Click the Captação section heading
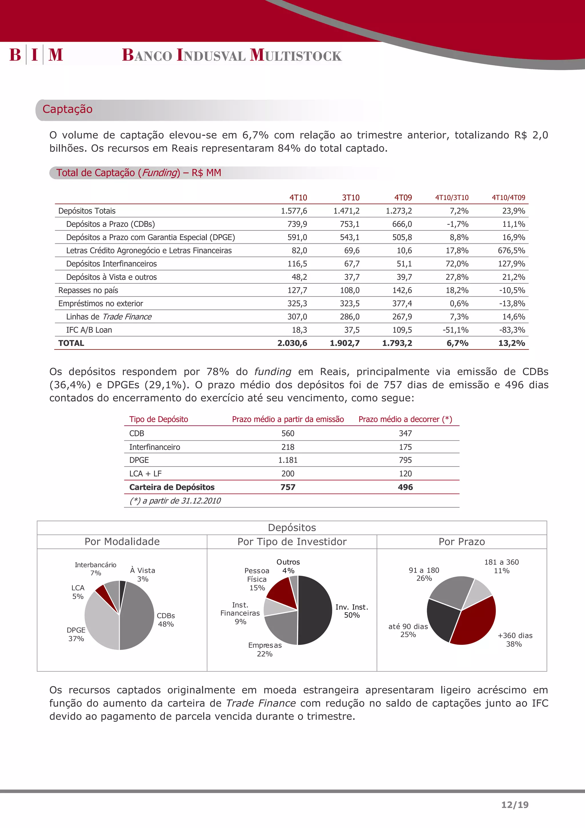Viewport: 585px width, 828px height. [67, 109]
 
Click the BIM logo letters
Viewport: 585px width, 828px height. [36, 55]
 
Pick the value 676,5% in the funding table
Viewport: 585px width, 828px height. [511, 251]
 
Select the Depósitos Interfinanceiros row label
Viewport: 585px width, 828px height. [111, 264]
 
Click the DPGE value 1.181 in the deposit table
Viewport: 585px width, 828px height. [288, 460]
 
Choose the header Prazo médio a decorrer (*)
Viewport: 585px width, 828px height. [405, 419]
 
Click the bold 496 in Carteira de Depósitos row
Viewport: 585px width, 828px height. [405, 487]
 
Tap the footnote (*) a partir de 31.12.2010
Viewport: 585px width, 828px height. [175, 501]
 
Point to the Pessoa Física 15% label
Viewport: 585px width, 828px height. [257, 579]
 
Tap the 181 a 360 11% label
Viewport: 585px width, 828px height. [501, 566]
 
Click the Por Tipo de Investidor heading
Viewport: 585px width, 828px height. [292, 542]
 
